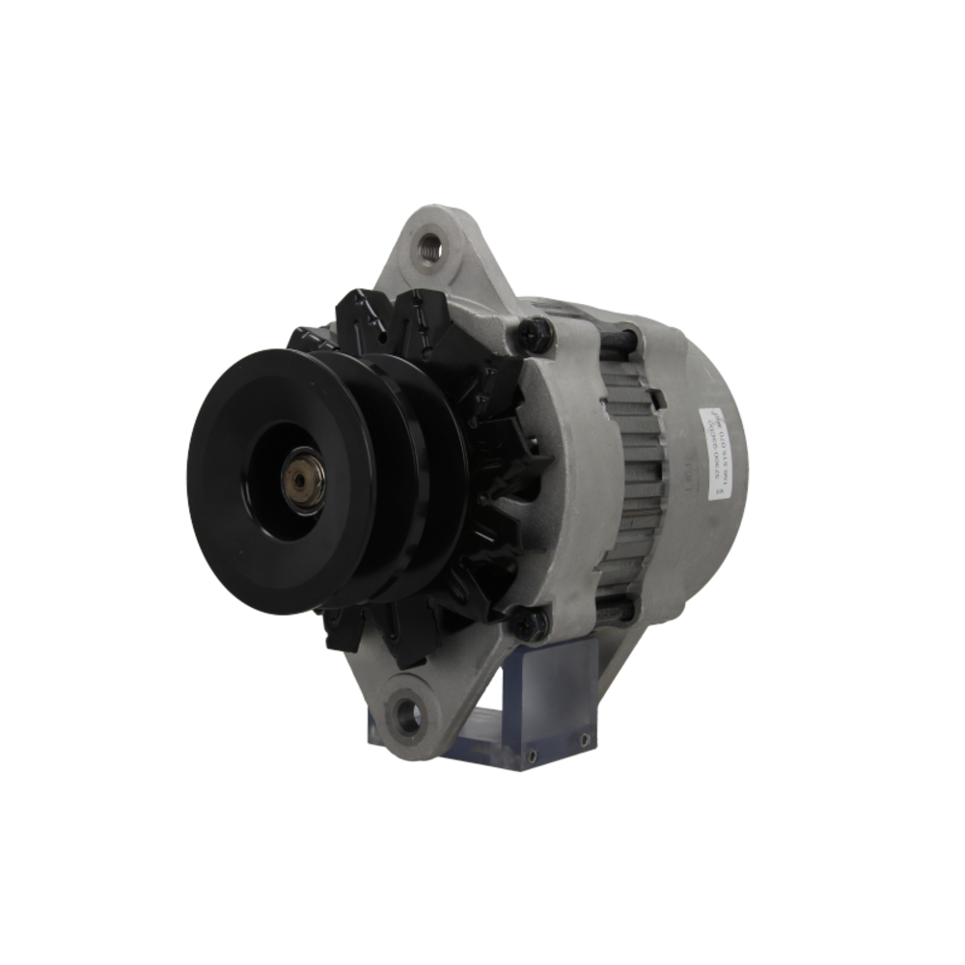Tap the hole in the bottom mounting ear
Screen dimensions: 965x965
click(409, 715)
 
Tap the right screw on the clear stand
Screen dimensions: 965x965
click(583, 740)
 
